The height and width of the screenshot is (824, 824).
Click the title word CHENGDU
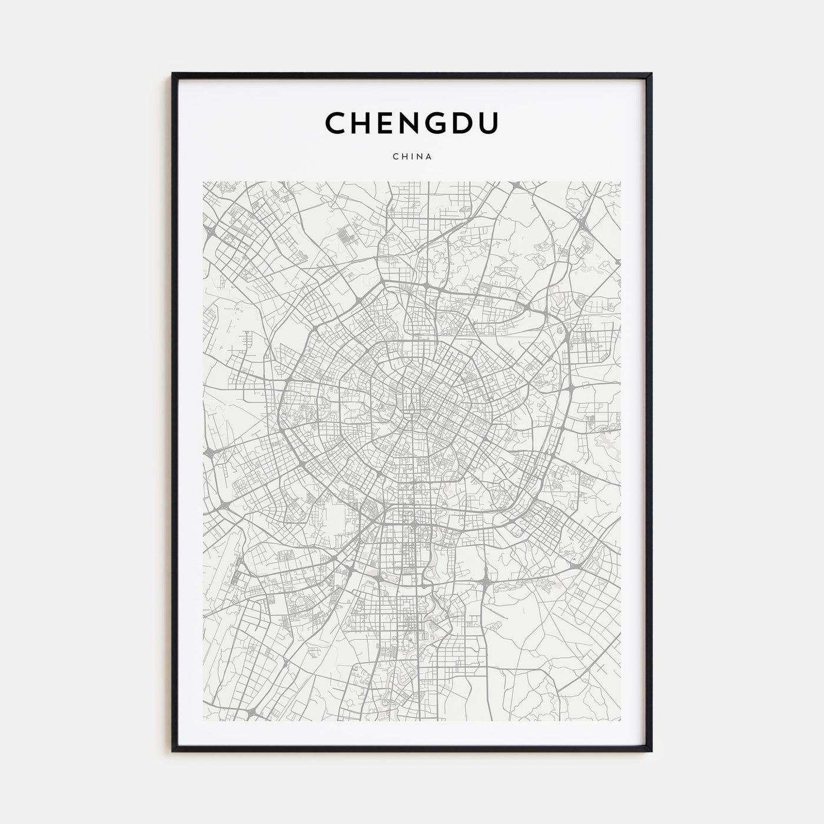pyautogui.click(x=411, y=123)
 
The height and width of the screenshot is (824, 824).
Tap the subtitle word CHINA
pyautogui.click(x=412, y=157)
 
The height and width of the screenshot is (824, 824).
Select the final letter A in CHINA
pyautogui.click(x=429, y=157)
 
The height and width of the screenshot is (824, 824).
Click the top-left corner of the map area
pyautogui.click(x=203, y=182)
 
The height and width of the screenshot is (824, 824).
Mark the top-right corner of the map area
pyautogui.click(x=621, y=182)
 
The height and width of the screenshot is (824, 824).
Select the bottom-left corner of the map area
pyautogui.click(x=203, y=721)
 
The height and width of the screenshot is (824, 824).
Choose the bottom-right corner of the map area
pyautogui.click(x=621, y=721)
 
